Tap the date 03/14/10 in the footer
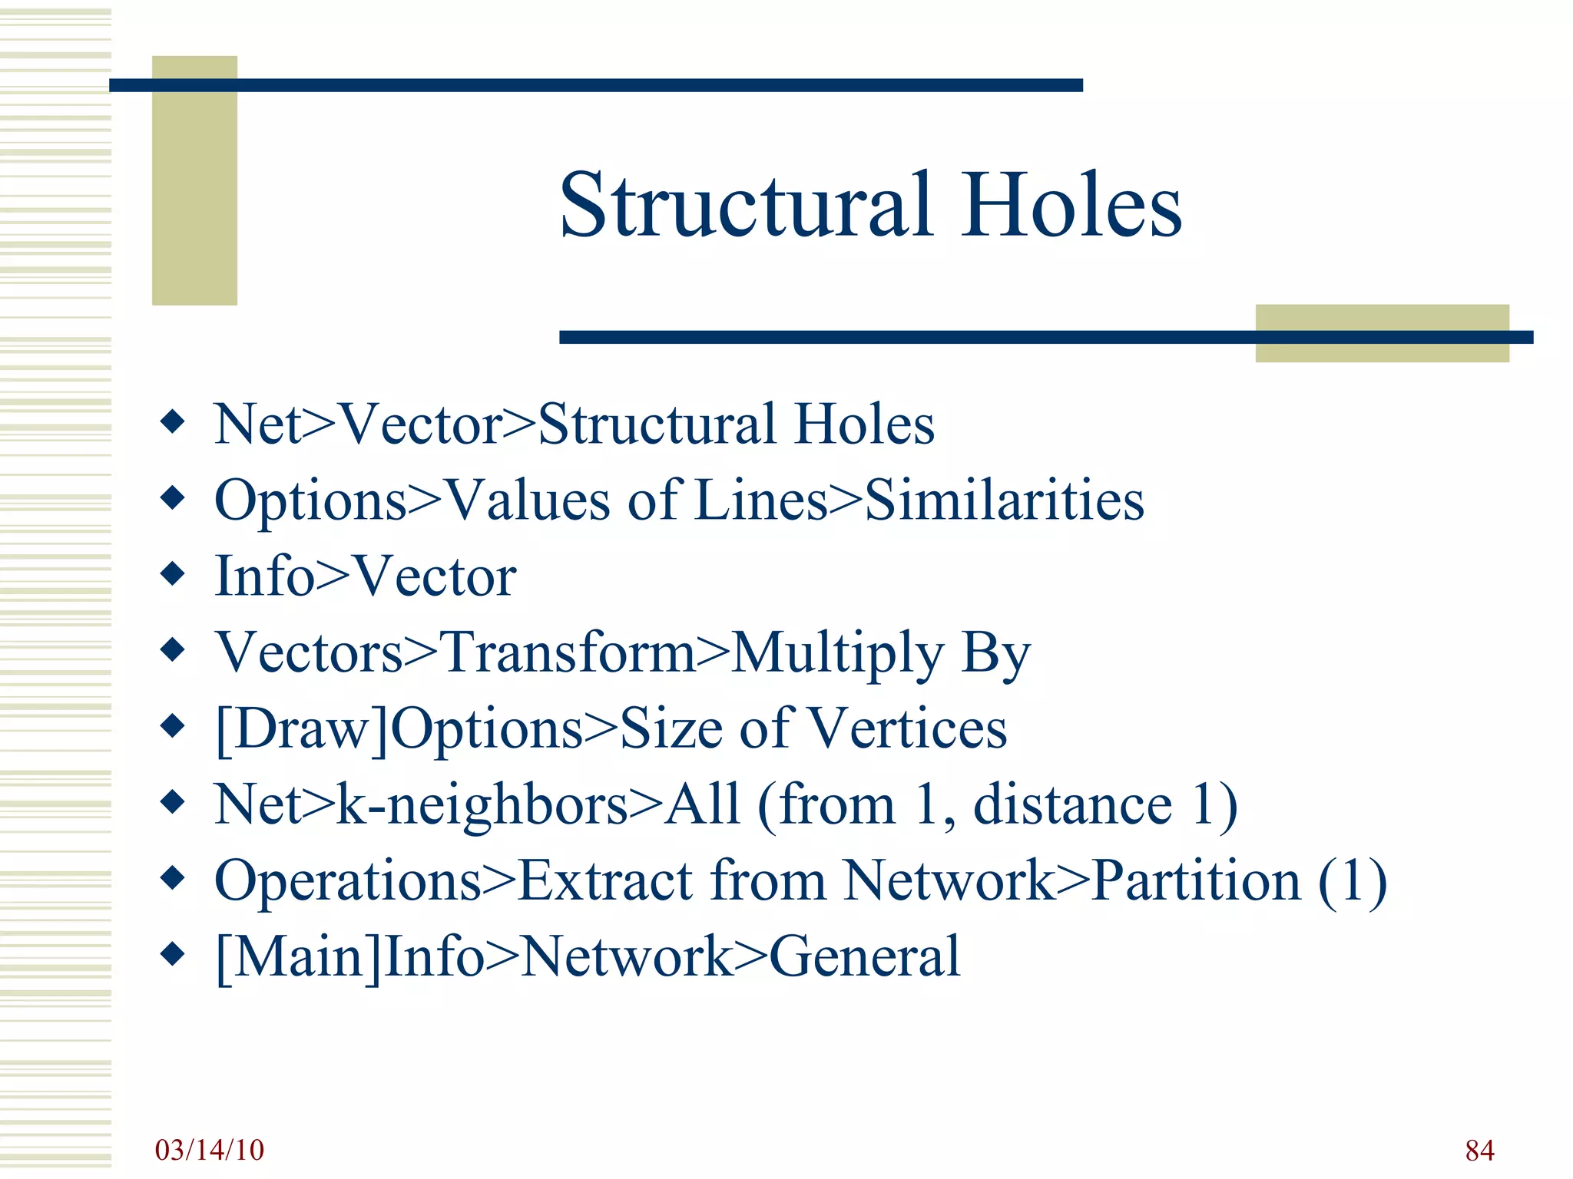209,1150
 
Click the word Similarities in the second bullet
1005,500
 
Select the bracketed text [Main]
299,957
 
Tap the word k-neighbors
483,805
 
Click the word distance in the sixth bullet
1072,805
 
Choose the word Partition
1196,881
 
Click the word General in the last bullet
864,957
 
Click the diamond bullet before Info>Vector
173,573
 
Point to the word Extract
606,881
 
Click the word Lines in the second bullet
760,500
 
